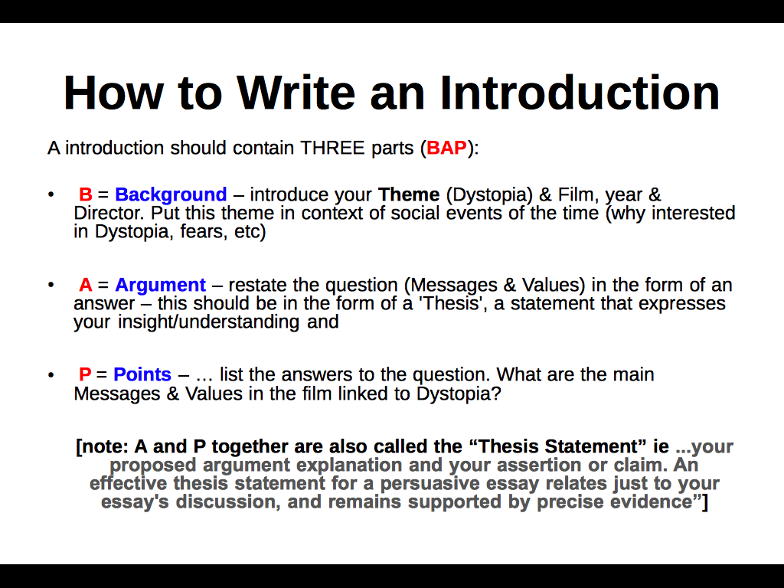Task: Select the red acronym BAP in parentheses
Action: pyautogui.click(x=446, y=148)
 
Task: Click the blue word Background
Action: pyautogui.click(x=171, y=194)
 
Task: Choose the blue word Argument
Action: pyautogui.click(x=160, y=286)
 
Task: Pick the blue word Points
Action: pyautogui.click(x=142, y=374)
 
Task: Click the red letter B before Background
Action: pyautogui.click(x=85, y=194)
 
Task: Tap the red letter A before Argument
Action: pyautogui.click(x=85, y=286)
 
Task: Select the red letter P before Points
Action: pyautogui.click(x=85, y=374)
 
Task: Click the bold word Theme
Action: pyautogui.click(x=409, y=194)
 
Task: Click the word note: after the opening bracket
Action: pyautogui.click(x=106, y=446)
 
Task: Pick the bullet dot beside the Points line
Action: pyautogui.click(x=51, y=375)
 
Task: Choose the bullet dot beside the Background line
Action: pyautogui.click(x=51, y=195)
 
